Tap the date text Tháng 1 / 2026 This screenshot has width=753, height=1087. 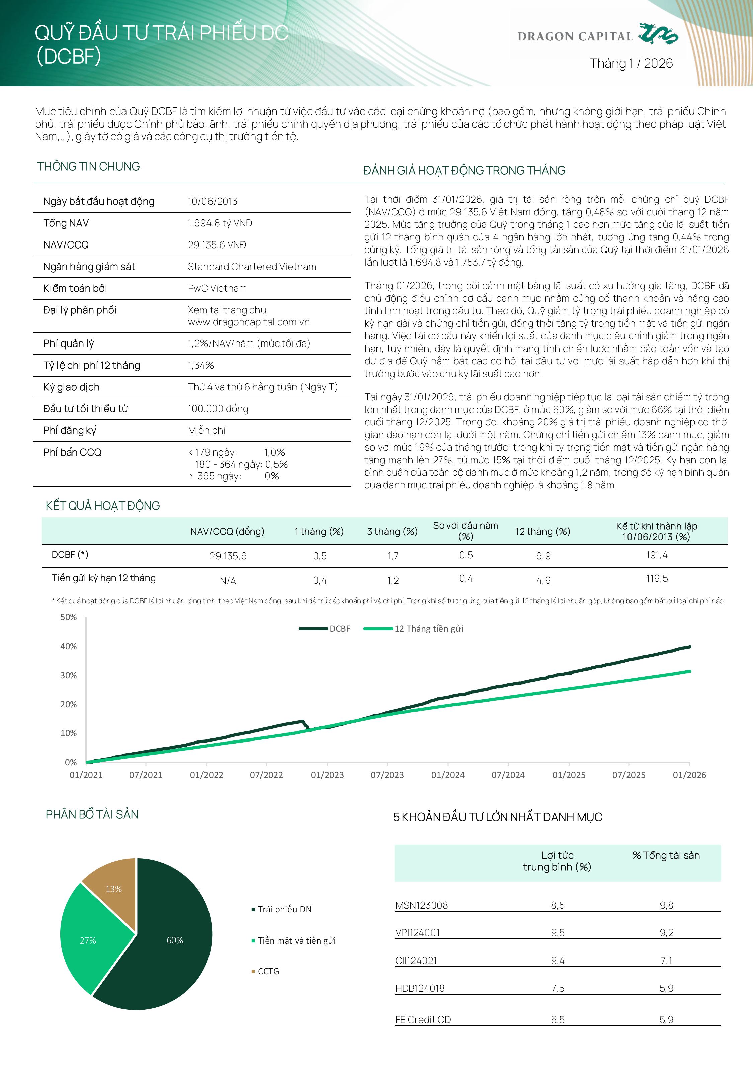pyautogui.click(x=631, y=63)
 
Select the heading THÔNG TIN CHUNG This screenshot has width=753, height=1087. pyautogui.click(x=88, y=167)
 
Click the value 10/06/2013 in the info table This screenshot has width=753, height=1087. pyautogui.click(x=212, y=201)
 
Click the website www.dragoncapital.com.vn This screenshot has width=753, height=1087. pyautogui.click(x=249, y=322)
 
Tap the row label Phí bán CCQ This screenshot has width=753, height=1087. pyautogui.click(x=72, y=452)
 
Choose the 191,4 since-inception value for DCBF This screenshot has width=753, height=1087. pyautogui.click(x=656, y=555)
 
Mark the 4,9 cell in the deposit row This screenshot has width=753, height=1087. pyautogui.click(x=543, y=580)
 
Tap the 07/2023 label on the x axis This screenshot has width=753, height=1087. pyautogui.click(x=387, y=775)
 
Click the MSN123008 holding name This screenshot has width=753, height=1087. pyautogui.click(x=421, y=905)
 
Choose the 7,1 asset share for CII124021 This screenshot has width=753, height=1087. pyautogui.click(x=666, y=960)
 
